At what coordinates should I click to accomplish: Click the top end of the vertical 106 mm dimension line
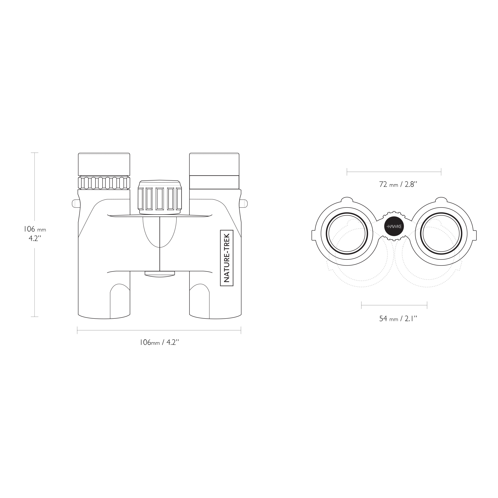click(34, 153)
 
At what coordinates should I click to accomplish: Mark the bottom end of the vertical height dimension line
click(34, 317)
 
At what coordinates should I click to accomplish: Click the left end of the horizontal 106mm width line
click(77, 330)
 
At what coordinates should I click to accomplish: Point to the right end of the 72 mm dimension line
click(441, 172)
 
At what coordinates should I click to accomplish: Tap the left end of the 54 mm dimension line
click(362, 305)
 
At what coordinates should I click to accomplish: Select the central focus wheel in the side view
click(160, 197)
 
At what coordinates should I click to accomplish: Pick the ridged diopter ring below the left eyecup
click(104, 183)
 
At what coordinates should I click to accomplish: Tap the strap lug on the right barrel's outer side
click(243, 203)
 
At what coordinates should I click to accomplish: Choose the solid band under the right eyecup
click(214, 182)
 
